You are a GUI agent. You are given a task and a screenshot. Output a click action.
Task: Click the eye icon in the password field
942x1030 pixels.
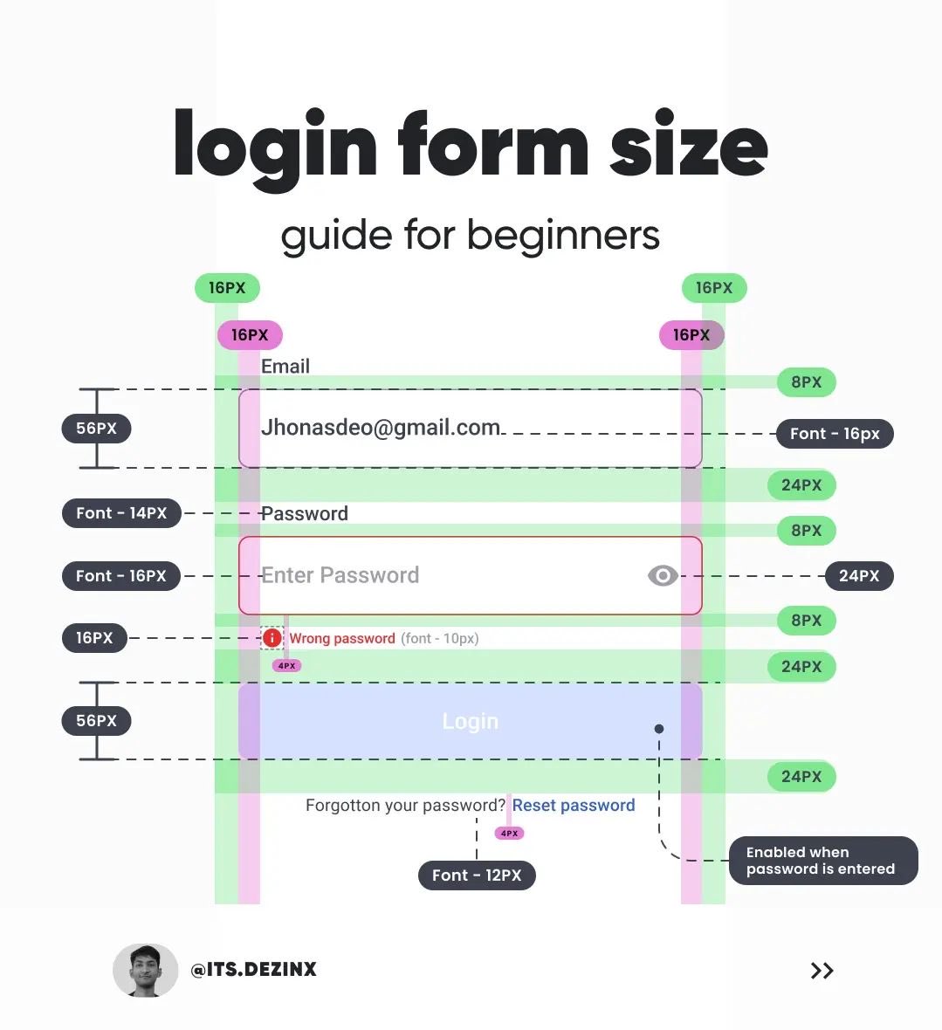[x=663, y=576]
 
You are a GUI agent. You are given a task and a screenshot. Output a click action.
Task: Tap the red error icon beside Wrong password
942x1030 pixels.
[x=272, y=638]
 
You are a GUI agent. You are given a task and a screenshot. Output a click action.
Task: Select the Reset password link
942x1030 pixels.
[x=574, y=806]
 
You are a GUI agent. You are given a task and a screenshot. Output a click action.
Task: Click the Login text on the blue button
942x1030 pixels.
[x=470, y=722]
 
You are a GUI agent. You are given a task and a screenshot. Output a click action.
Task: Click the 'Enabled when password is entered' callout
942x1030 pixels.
[x=822, y=861]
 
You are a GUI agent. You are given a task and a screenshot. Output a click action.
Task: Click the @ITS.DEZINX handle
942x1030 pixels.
[x=254, y=969]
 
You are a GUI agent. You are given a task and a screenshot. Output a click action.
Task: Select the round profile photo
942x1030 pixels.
[x=144, y=970]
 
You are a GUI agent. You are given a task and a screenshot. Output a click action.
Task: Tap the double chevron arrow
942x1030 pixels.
[x=822, y=971]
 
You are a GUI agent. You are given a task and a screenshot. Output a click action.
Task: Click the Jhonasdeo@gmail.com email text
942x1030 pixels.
[x=381, y=428]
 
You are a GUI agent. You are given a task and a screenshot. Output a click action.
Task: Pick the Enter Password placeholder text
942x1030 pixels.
[x=340, y=575]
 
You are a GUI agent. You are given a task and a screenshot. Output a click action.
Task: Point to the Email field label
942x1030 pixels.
[x=285, y=367]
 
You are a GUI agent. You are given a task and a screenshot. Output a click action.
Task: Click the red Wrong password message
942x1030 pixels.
[x=342, y=639]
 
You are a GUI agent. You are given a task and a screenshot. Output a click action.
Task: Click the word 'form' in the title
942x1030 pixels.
[x=494, y=147]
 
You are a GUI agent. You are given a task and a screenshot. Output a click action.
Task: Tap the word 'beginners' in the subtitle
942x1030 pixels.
[x=563, y=236]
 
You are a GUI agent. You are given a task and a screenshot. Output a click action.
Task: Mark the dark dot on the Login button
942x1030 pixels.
[x=659, y=729]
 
